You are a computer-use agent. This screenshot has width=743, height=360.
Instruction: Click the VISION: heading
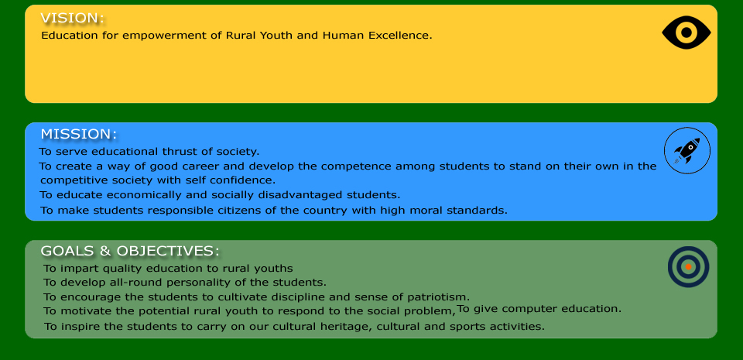point(72,18)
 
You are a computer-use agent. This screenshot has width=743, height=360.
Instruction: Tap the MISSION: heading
point(78,134)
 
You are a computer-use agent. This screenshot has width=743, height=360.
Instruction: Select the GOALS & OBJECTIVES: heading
point(130,251)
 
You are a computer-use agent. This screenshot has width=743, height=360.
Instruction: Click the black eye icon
point(687,33)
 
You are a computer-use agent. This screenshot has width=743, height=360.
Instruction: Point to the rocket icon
point(687,151)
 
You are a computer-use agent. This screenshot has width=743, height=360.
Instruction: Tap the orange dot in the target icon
point(689,266)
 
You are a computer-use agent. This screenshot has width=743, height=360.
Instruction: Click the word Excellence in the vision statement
point(400,36)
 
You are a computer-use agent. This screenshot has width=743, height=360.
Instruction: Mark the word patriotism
point(438,297)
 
